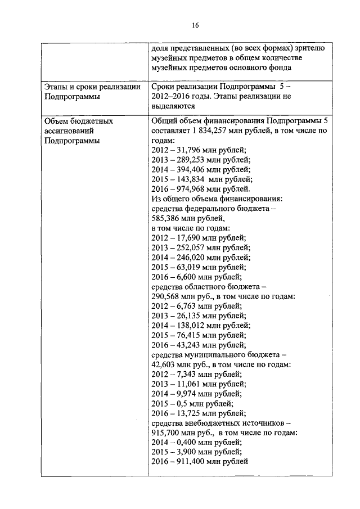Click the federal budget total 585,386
coord(168,219)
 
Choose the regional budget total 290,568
coord(168,297)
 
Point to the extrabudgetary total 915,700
coord(168,433)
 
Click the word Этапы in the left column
coord(57,87)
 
